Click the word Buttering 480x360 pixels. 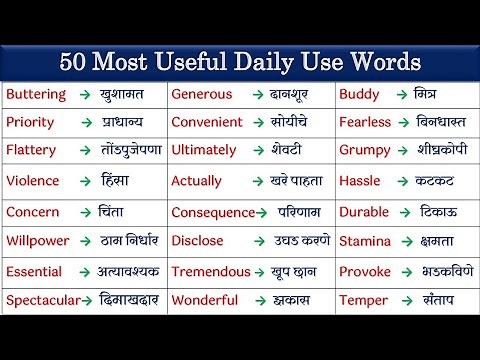point(36,94)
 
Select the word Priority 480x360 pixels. point(30,122)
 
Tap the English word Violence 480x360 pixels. point(33,181)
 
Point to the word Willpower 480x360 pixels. point(38,241)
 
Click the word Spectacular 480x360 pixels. point(43,300)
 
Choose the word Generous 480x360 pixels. point(202,94)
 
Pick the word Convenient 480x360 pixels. point(207,122)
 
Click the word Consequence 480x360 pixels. point(213,212)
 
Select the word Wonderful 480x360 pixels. point(205,300)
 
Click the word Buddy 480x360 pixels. point(359,94)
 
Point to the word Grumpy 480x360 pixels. point(365,151)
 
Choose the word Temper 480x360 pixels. point(363,300)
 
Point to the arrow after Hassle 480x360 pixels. point(397,181)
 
